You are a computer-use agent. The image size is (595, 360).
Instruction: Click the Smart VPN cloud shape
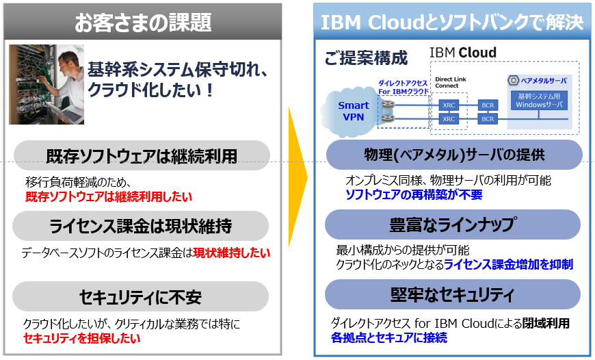[x=353, y=111]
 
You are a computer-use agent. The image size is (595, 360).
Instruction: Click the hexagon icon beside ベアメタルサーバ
[x=514, y=80]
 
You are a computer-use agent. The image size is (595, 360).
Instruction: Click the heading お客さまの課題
[x=143, y=23]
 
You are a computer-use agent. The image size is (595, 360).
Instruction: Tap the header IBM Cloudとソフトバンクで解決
[x=452, y=22]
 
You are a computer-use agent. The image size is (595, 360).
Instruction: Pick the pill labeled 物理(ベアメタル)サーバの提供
[x=453, y=154]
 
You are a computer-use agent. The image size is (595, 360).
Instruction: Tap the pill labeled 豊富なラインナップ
[x=453, y=224]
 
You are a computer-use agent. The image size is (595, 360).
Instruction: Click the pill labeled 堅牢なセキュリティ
[x=453, y=295]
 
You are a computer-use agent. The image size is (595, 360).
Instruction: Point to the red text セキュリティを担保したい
[x=81, y=338]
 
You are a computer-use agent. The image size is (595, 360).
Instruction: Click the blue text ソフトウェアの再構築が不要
[x=413, y=195]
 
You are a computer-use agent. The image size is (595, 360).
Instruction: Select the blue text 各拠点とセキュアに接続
[x=389, y=338]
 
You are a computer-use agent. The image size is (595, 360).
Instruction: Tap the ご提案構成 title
[x=365, y=58]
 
